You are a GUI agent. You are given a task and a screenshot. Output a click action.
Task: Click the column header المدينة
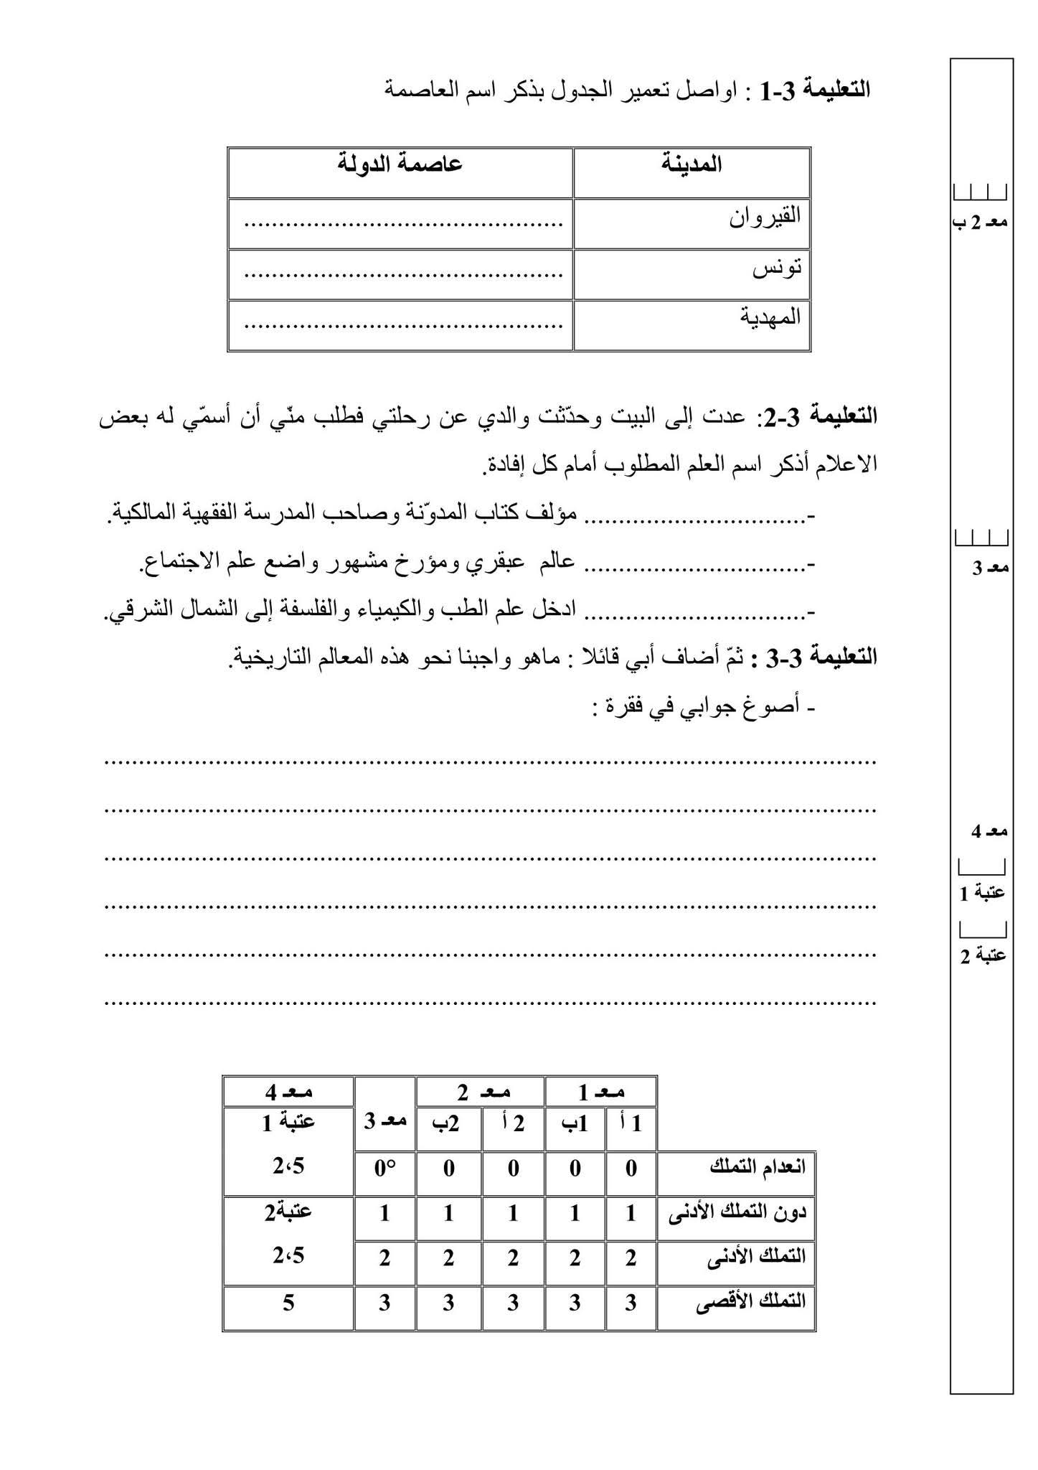692,164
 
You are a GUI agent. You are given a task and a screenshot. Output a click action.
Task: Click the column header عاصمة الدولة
400,164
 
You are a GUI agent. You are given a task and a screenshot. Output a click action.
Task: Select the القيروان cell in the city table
765,217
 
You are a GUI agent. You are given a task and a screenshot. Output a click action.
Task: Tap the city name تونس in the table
777,268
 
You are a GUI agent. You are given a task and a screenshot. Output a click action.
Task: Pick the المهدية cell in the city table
770,318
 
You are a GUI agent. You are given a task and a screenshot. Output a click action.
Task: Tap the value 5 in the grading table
288,1301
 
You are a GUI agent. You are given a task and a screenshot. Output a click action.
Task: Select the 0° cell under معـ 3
384,1168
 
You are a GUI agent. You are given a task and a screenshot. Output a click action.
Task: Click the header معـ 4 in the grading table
288,1092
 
